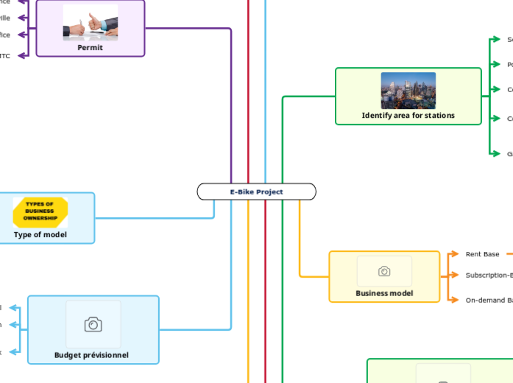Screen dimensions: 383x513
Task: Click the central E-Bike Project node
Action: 256,191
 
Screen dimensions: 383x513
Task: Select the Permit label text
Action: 90,48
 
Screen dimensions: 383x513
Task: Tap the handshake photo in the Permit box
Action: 90,23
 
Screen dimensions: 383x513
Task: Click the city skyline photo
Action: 408,91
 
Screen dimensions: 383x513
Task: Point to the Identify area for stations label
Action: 408,116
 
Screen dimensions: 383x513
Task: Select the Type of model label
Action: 40,235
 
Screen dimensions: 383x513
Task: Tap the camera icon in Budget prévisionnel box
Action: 93,324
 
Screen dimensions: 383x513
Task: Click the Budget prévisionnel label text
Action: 91,355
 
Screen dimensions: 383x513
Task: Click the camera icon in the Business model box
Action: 384,271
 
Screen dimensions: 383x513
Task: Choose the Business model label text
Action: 384,293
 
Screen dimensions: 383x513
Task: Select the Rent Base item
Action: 482,254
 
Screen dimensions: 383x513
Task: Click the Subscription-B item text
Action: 489,275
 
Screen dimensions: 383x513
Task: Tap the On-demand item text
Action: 489,300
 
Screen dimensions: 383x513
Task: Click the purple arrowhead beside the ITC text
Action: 23,55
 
